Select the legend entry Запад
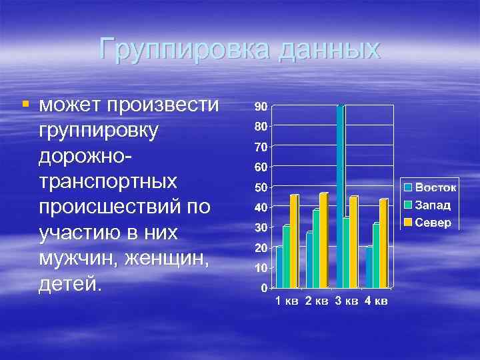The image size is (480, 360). click(433, 205)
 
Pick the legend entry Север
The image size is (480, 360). click(433, 221)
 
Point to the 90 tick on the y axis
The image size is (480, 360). click(260, 106)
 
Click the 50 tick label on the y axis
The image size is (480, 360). click(260, 187)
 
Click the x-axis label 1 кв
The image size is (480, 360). click(287, 301)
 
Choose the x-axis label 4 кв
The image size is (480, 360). click(376, 301)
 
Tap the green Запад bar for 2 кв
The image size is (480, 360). click(316, 249)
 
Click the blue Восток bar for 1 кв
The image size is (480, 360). click(279, 267)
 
